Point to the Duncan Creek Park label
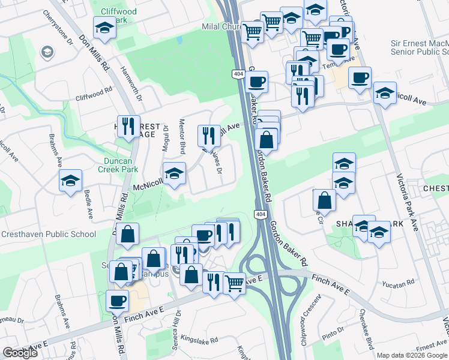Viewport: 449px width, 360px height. [118, 165]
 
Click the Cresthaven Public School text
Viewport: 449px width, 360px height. [48, 234]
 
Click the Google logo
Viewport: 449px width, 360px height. [20, 353]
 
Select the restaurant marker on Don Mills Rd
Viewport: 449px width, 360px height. [128, 127]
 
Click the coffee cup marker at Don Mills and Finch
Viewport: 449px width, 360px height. [116, 301]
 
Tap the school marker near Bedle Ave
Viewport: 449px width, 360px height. [70, 180]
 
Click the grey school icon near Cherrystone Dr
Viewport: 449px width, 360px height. [46, 53]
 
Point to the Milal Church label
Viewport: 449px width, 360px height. [221, 27]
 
